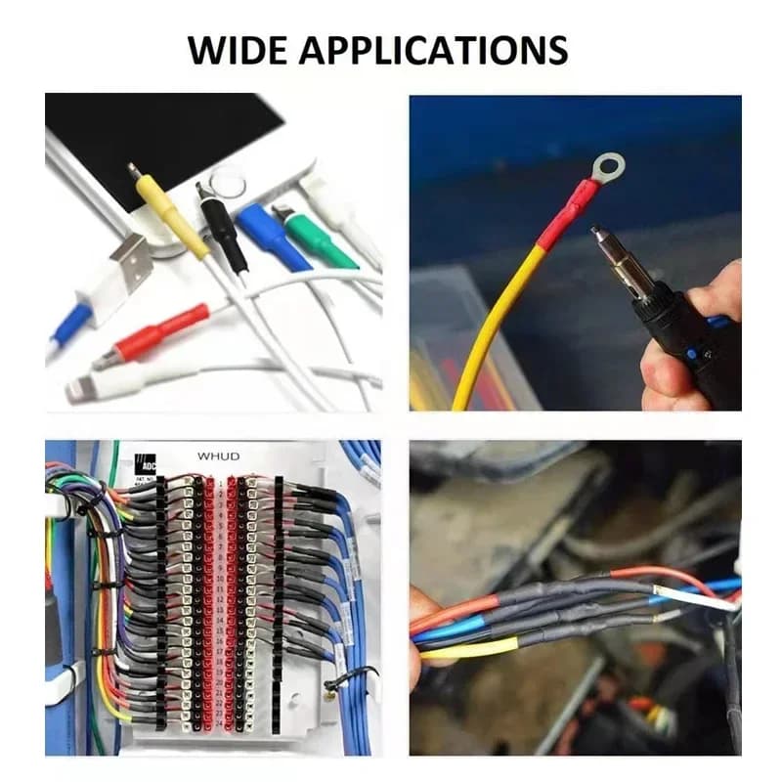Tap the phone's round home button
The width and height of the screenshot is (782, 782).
(x=227, y=182)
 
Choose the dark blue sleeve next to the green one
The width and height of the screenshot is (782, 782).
(x=271, y=235)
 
